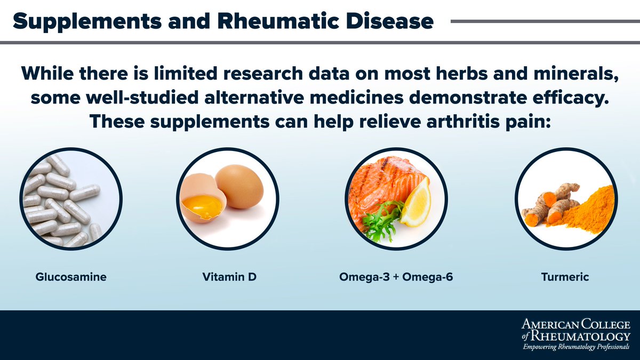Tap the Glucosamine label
click(71, 277)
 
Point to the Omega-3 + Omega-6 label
click(396, 277)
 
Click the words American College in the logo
click(576, 324)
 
